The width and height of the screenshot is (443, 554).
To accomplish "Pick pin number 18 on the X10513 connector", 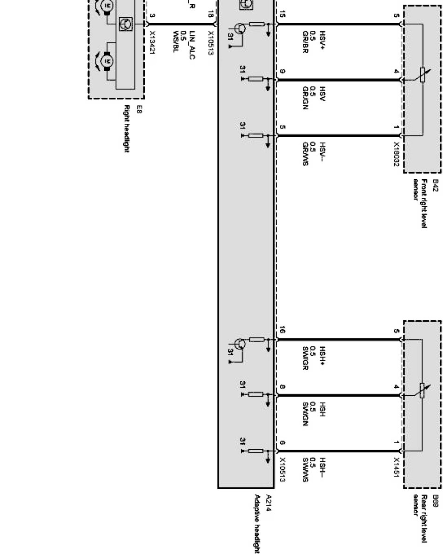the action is click(210, 16).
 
